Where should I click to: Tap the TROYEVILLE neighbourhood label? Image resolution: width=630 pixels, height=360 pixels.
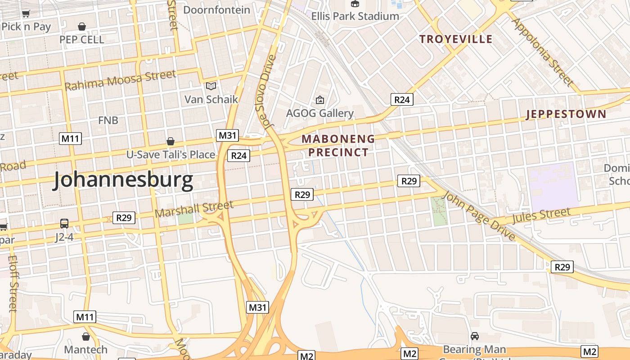[x=456, y=39]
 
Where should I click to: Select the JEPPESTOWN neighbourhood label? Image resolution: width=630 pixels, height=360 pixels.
[x=566, y=114]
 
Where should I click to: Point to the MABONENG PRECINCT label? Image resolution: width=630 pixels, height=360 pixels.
[x=338, y=145]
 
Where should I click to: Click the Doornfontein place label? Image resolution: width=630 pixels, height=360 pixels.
[x=217, y=9]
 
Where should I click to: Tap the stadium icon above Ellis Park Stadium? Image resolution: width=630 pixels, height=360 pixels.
[x=355, y=4]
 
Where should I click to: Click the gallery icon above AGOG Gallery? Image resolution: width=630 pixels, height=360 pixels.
[x=320, y=99]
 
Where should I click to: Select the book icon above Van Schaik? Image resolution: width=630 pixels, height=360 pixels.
[x=211, y=85]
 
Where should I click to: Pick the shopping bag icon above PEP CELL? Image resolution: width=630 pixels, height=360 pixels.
[x=82, y=27]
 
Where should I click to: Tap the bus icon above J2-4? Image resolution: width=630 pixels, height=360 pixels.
[x=64, y=223]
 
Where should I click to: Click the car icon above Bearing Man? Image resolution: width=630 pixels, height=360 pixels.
[x=474, y=336]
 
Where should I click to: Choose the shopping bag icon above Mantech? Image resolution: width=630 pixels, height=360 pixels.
[x=86, y=336]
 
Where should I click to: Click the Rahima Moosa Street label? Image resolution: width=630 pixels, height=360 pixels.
[x=120, y=80]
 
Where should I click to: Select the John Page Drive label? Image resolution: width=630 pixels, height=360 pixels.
[x=479, y=216]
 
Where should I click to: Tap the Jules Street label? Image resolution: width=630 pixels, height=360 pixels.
[x=541, y=216]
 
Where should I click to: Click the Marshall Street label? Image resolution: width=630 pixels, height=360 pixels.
[x=194, y=209]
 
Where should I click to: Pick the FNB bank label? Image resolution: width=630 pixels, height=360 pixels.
[x=108, y=120]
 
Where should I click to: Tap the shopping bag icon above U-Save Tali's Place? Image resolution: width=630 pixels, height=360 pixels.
[x=170, y=141]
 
